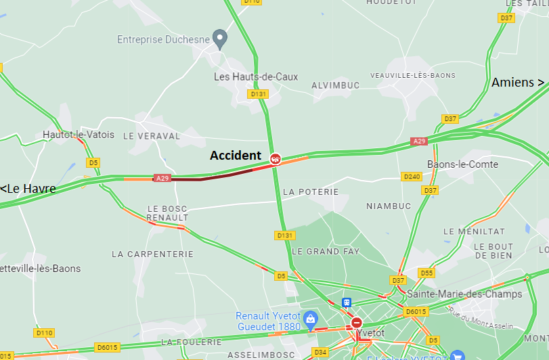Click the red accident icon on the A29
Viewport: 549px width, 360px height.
tap(276, 159)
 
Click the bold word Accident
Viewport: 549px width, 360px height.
tap(235, 156)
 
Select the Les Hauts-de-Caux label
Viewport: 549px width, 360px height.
tap(255, 77)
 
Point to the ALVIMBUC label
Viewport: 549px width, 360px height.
tap(336, 85)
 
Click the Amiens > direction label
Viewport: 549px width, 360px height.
tap(518, 83)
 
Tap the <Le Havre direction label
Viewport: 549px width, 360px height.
tap(28, 189)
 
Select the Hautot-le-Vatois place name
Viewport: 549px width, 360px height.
tap(79, 135)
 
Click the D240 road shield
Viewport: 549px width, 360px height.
tap(412, 177)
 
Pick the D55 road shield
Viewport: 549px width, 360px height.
tap(426, 273)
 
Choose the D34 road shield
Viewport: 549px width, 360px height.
tap(320, 352)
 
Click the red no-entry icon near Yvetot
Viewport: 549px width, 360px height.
tap(356, 323)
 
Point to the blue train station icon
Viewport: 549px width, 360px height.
tap(347, 302)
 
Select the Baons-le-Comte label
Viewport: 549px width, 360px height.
tap(462, 164)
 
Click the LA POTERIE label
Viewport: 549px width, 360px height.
tap(310, 192)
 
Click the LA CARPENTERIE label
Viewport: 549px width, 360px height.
tap(152, 254)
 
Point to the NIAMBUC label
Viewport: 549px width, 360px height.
tap(389, 206)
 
